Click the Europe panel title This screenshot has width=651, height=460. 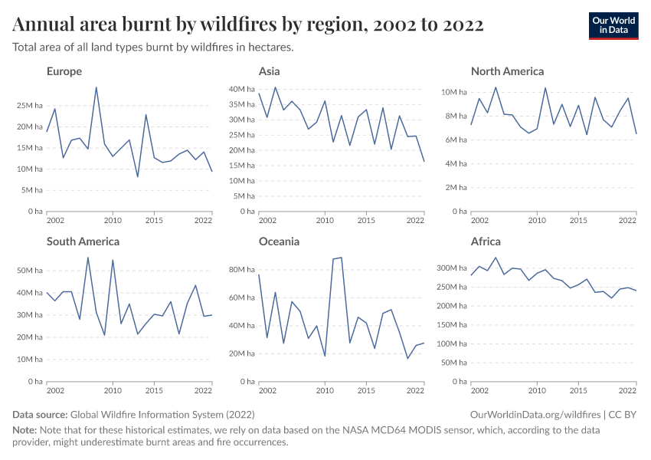(x=64, y=71)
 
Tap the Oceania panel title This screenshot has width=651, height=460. (x=279, y=242)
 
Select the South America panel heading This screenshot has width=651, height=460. (x=83, y=242)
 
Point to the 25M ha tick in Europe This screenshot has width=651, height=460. (x=30, y=105)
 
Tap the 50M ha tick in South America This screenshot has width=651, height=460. (x=30, y=271)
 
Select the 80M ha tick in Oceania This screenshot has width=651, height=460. (x=242, y=270)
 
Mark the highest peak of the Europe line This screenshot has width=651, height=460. (x=97, y=87)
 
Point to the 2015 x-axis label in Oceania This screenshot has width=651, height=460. (x=367, y=391)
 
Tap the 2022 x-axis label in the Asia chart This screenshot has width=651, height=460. (x=415, y=221)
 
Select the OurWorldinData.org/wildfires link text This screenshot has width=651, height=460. (x=534, y=414)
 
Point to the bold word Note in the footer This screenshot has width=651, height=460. (x=25, y=431)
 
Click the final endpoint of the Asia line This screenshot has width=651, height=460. (x=424, y=161)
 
